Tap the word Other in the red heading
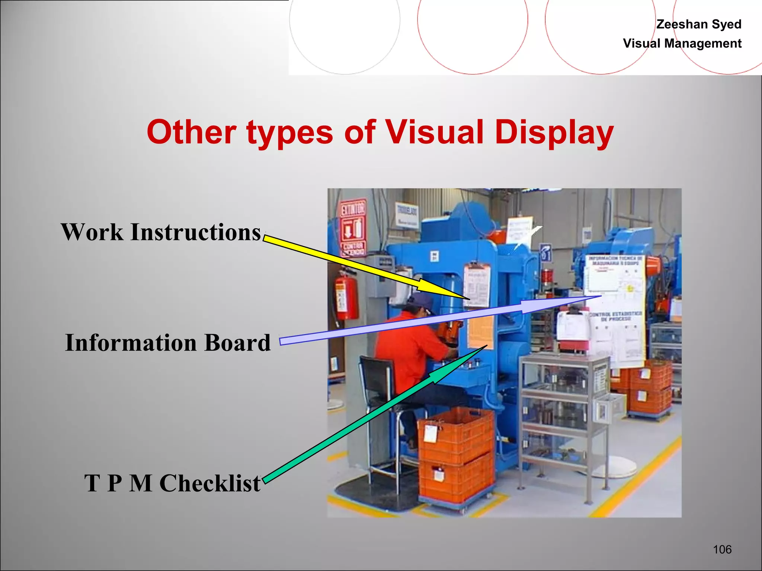[x=191, y=132]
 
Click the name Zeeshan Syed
[x=698, y=24]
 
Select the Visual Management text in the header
[x=682, y=43]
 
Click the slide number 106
[x=722, y=549]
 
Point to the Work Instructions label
[x=161, y=232]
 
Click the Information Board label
[x=167, y=343]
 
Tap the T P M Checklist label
[x=172, y=483]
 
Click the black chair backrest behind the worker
[x=376, y=379]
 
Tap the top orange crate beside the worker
[x=456, y=435]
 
